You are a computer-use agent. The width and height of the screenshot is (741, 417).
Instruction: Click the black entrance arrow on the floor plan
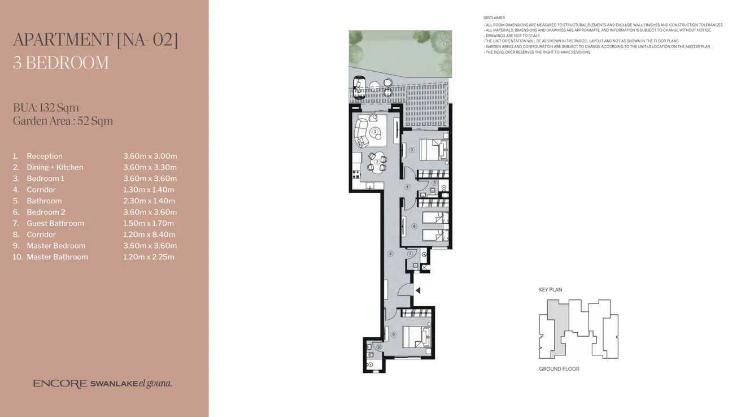418,290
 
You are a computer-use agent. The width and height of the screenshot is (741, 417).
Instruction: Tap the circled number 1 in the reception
376,132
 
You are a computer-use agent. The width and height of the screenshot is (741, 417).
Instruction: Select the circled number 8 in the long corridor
390,254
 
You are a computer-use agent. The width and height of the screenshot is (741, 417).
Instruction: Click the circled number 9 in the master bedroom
393,335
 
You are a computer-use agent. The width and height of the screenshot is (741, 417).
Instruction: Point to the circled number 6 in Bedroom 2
414,227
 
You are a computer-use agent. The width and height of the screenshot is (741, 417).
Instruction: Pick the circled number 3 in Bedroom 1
412,150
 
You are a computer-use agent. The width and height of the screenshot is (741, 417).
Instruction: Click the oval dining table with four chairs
377,162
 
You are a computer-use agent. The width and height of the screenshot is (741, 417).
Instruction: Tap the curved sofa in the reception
361,132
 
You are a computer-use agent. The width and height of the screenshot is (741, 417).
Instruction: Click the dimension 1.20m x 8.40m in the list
149,234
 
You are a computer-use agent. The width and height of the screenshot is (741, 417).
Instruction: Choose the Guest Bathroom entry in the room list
55,223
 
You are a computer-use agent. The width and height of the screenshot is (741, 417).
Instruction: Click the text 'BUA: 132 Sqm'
46,107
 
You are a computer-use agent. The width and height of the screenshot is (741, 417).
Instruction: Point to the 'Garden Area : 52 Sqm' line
63,121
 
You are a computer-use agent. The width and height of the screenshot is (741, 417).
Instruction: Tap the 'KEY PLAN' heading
550,290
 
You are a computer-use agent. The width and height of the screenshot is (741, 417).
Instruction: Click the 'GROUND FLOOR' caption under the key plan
559,369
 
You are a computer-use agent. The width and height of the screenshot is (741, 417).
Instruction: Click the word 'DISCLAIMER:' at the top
495,18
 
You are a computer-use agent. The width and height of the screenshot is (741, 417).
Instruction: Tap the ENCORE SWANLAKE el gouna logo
102,384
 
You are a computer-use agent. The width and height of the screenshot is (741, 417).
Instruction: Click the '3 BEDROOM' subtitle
60,62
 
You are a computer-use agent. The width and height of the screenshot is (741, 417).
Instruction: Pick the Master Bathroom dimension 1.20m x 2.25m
149,257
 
